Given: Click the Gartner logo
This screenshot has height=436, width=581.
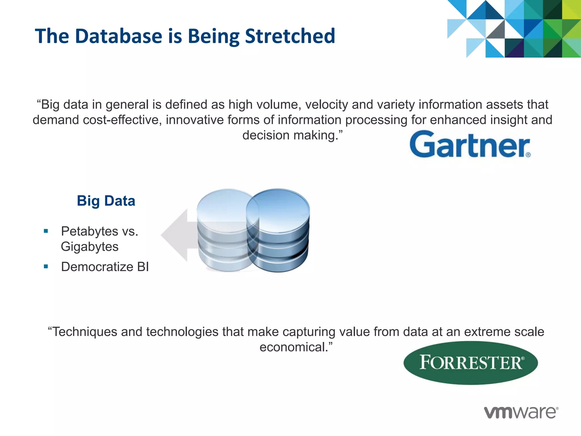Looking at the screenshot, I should (470, 144).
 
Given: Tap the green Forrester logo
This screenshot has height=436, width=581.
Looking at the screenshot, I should (471, 363).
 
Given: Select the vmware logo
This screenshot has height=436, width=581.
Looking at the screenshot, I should (521, 412).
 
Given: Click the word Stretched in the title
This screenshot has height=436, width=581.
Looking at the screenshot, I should (290, 36).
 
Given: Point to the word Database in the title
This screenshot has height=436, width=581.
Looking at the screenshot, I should (119, 36).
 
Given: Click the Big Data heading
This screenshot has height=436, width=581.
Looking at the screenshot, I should (106, 201).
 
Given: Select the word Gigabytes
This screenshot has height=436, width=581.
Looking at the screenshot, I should (90, 247).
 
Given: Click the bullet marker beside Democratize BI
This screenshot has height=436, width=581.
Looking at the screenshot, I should (46, 267).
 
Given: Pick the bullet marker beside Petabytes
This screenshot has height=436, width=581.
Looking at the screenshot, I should (46, 231).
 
